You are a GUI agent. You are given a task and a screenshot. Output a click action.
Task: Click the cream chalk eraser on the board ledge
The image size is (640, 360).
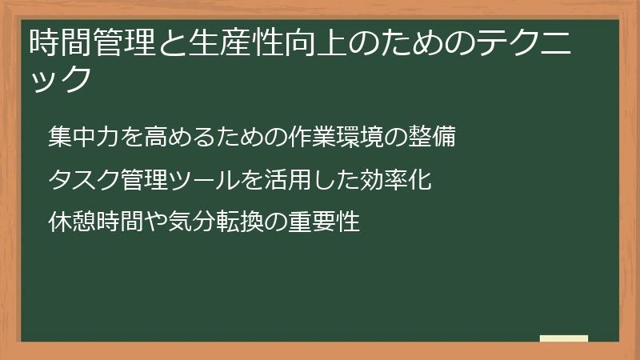click(564, 339)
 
